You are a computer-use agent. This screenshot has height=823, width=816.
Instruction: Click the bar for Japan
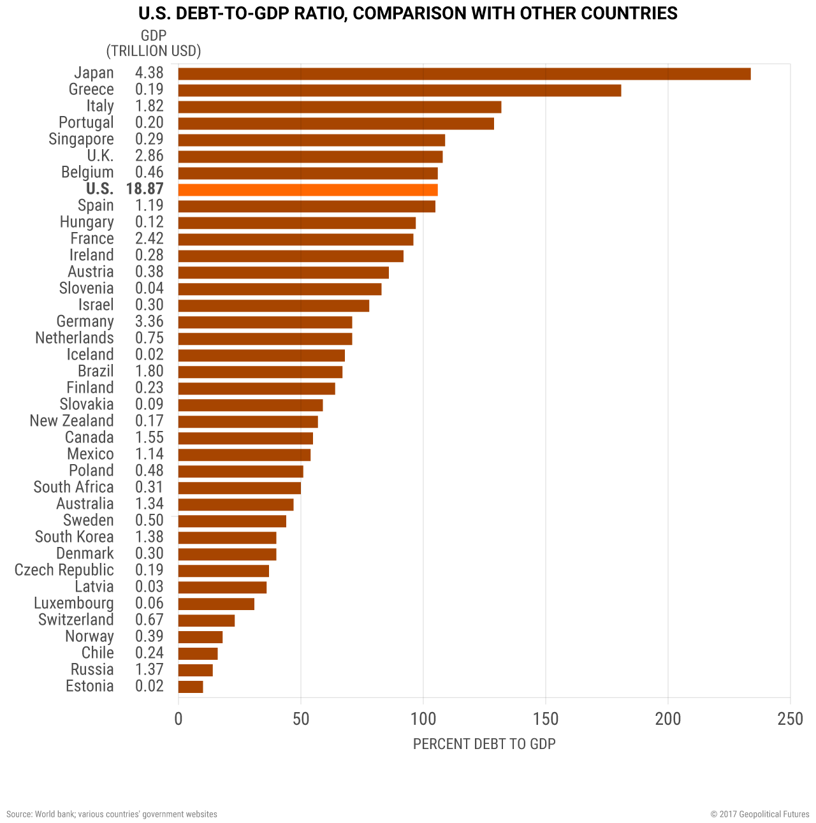pos(464,74)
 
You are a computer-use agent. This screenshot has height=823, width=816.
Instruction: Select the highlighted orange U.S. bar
pos(308,190)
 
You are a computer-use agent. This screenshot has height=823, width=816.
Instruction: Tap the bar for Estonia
pos(191,687)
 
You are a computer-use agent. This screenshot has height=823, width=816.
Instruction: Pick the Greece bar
pos(399,91)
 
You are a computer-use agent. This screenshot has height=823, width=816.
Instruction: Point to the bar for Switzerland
pos(207,621)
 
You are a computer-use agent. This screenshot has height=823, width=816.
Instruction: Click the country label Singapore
pos(81,140)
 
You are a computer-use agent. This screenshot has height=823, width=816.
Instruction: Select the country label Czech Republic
pos(64,571)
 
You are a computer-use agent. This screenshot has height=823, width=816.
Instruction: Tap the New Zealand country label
pos(71,421)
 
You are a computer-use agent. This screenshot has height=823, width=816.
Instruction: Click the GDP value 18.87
pos(145,189)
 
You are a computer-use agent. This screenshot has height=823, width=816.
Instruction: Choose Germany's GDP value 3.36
pos(149,322)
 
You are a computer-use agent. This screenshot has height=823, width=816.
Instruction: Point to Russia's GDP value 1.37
pos(149,670)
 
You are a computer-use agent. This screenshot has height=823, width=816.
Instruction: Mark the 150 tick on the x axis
pos(546,720)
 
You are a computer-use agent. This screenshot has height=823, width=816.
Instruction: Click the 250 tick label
pos(790,720)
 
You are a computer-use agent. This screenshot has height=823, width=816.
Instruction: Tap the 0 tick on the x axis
pos(178,720)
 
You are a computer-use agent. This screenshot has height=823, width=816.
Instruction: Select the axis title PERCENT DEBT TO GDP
pos(484,744)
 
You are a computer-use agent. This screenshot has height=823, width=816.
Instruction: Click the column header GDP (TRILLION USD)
pos(153,44)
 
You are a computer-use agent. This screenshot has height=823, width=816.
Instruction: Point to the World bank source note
pos(112,814)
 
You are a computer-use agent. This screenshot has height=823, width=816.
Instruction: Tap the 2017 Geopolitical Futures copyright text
pos(759,814)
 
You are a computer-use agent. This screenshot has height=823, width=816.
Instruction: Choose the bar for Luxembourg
pos(216,604)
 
